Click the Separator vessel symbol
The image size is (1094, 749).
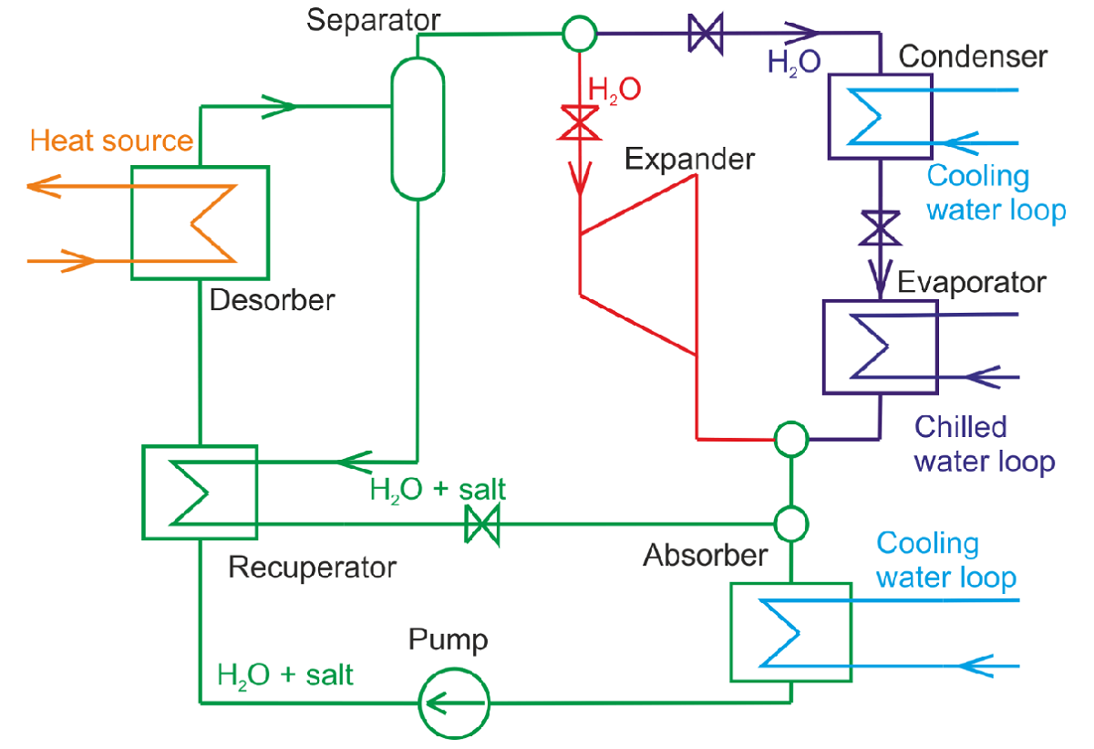[418, 127]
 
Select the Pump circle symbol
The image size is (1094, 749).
[454, 702]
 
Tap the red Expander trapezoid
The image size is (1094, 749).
[639, 264]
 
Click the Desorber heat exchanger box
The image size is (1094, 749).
[200, 223]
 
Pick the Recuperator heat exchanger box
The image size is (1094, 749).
[200, 492]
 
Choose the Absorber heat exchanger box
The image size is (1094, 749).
[790, 631]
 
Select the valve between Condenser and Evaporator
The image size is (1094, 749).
[880, 227]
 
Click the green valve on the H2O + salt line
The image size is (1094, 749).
[481, 525]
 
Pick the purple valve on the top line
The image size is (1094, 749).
[704, 35]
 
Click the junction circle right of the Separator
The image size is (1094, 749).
[579, 34]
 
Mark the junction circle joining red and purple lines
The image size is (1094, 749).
[790, 439]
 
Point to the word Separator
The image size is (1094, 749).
[373, 19]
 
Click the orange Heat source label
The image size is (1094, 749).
[111, 140]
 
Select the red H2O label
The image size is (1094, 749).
[614, 89]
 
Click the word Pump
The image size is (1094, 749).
[448, 640]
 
